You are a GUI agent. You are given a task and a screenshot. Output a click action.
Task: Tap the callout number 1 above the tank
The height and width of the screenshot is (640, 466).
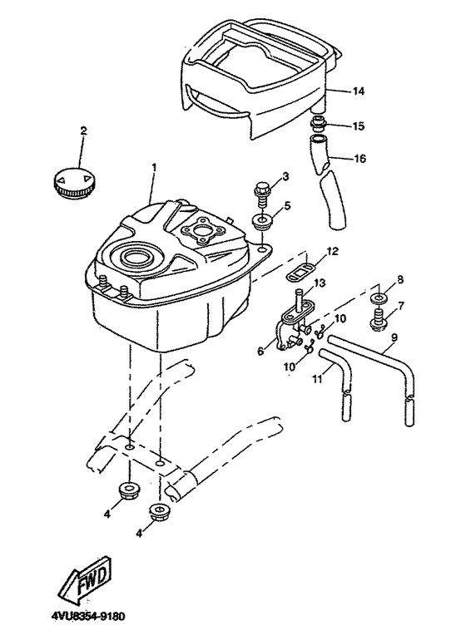[154, 168]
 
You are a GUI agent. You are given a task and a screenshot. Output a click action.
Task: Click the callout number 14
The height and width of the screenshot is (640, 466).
[358, 91]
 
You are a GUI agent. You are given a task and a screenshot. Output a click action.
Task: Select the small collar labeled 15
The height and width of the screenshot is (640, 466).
[319, 124]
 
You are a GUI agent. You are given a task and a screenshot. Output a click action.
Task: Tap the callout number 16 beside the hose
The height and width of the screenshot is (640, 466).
[359, 158]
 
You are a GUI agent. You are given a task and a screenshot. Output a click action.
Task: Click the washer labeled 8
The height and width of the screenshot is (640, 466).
[379, 298]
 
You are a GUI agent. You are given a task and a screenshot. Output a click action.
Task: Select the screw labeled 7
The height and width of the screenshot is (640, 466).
[379, 320]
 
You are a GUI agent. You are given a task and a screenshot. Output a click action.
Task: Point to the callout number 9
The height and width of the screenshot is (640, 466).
[394, 338]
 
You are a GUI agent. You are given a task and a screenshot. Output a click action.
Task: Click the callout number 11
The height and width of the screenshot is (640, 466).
[318, 379]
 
